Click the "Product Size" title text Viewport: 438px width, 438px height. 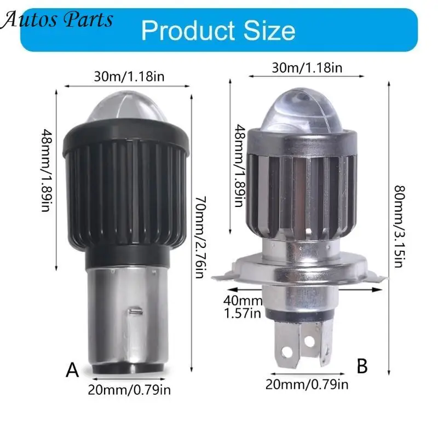[218, 30]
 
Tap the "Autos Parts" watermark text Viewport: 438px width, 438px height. [57, 20]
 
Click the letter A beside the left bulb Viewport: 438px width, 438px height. [72, 370]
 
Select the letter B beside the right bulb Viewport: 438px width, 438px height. [362, 366]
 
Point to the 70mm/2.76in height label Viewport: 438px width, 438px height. [201, 237]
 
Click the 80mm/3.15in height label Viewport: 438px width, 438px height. [400, 227]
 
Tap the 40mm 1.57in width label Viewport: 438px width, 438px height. [243, 307]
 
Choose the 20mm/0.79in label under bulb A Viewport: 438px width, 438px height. [129, 390]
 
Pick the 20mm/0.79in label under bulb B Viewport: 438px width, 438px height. [307, 384]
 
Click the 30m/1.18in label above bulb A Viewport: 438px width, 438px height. [129, 77]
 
